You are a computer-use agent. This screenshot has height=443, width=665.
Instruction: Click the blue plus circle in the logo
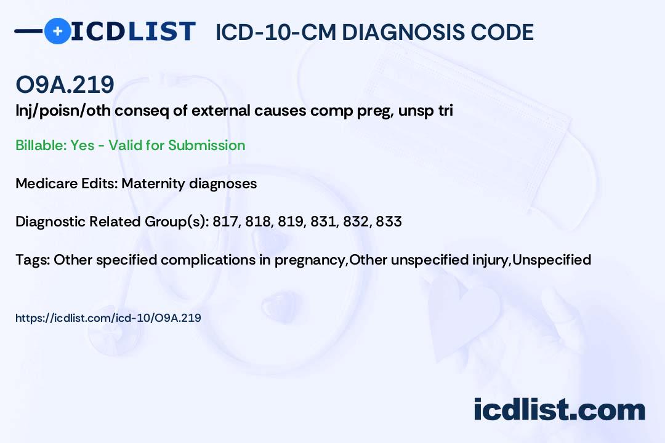coord(57,31)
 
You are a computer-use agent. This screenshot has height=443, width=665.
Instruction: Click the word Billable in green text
coord(41,145)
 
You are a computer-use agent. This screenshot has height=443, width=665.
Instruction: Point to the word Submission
coord(206,145)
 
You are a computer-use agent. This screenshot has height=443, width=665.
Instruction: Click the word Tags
coord(33,260)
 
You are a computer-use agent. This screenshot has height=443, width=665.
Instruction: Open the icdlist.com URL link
coord(108,318)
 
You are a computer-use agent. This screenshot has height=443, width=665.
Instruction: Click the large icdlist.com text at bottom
coord(559,410)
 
